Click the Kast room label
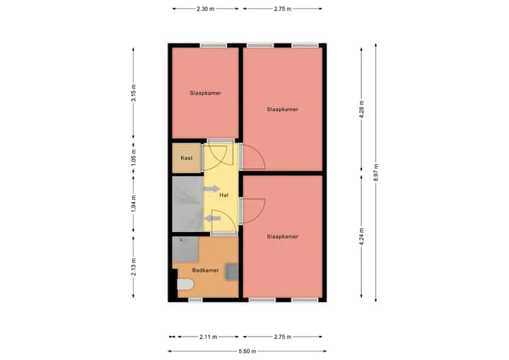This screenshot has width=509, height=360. (x=187, y=158)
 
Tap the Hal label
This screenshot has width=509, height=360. (x=223, y=195)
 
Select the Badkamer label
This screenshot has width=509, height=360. (x=205, y=270)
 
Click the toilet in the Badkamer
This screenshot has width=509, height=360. (x=185, y=284)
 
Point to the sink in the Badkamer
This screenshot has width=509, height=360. (x=232, y=272)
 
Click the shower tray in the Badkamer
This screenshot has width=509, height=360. (x=185, y=249)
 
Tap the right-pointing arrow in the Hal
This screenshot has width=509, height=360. (x=212, y=189)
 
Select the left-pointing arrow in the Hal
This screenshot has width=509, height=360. (x=212, y=219)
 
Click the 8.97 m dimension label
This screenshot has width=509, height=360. (x=375, y=173)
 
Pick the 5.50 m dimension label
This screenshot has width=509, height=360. (x=247, y=352)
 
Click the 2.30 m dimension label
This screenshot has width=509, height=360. (x=206, y=9)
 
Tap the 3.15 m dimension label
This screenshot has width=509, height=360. (x=134, y=93)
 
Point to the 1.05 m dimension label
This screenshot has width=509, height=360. (x=134, y=158)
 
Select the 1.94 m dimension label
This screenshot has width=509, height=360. (x=134, y=204)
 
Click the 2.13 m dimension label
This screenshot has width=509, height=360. (x=134, y=267)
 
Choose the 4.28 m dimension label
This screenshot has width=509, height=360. (x=362, y=110)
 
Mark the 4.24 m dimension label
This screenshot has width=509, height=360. (x=362, y=237)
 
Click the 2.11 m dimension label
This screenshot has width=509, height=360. (x=208, y=337)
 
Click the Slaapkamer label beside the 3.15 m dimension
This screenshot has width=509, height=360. (x=206, y=93)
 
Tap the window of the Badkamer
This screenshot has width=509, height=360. (x=195, y=300)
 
